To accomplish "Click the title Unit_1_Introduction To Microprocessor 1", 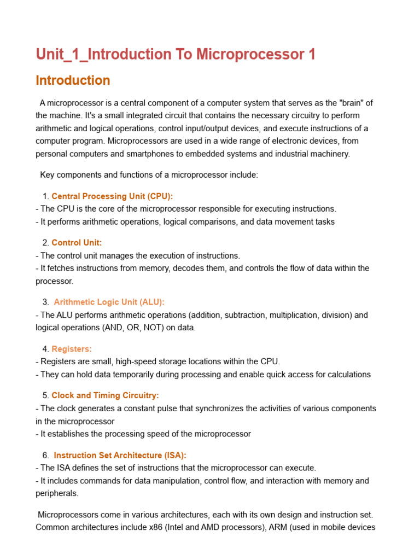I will [176, 55].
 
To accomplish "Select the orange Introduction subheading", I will [73, 81].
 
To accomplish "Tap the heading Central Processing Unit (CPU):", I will [112, 196].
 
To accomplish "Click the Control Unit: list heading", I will [77, 242].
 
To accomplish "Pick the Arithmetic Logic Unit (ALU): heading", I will [109, 302].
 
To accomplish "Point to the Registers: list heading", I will [72, 348].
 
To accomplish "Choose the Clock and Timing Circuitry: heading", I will [105, 395].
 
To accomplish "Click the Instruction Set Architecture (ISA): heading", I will [120, 455].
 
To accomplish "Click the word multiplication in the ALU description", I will [306, 315].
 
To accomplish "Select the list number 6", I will [45, 455].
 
